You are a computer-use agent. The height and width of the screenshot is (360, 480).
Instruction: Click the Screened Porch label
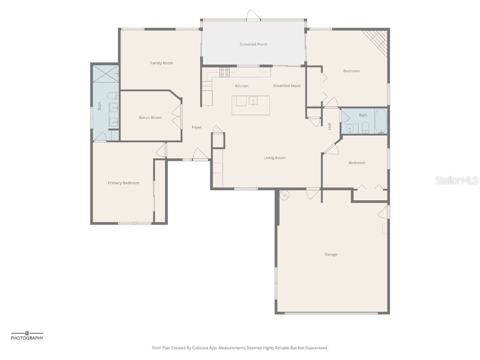tap(253, 44)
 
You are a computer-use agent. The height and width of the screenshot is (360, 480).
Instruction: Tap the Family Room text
tap(161, 63)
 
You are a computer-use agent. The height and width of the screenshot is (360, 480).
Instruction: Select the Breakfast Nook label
tap(287, 86)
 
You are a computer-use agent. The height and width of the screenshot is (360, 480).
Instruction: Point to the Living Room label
tap(274, 158)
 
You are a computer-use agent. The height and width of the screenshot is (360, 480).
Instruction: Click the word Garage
tap(330, 255)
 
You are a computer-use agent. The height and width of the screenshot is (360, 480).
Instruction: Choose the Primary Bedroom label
tap(123, 183)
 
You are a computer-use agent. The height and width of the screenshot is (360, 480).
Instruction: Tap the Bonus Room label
tap(150, 118)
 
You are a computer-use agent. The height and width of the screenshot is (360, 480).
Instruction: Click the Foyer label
tap(196, 127)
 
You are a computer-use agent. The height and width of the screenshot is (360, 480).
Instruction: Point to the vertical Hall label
tap(330, 126)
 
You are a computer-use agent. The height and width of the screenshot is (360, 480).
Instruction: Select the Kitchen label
tap(241, 86)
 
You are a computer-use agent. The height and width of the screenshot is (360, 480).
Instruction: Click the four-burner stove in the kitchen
tap(225, 72)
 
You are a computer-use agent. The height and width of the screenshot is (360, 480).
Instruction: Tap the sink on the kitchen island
tap(253, 101)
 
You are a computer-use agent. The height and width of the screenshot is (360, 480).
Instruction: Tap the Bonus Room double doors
tap(177, 117)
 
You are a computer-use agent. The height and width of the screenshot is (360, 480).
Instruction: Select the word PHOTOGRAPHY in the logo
tap(27, 338)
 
